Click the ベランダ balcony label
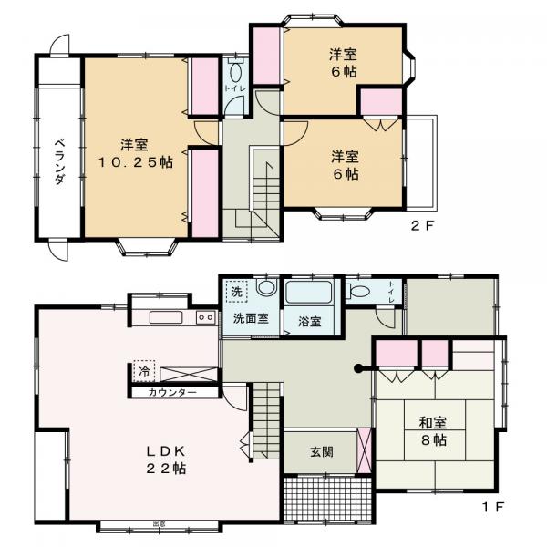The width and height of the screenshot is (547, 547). [58, 161]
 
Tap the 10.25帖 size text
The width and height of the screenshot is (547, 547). [135, 162]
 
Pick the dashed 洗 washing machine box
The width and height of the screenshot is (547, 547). [236, 293]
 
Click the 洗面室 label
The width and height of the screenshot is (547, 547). [249, 320]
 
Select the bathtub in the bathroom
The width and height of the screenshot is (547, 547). [309, 294]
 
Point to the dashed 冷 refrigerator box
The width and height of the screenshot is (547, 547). [144, 371]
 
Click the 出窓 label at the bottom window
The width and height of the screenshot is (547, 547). [159, 522]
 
